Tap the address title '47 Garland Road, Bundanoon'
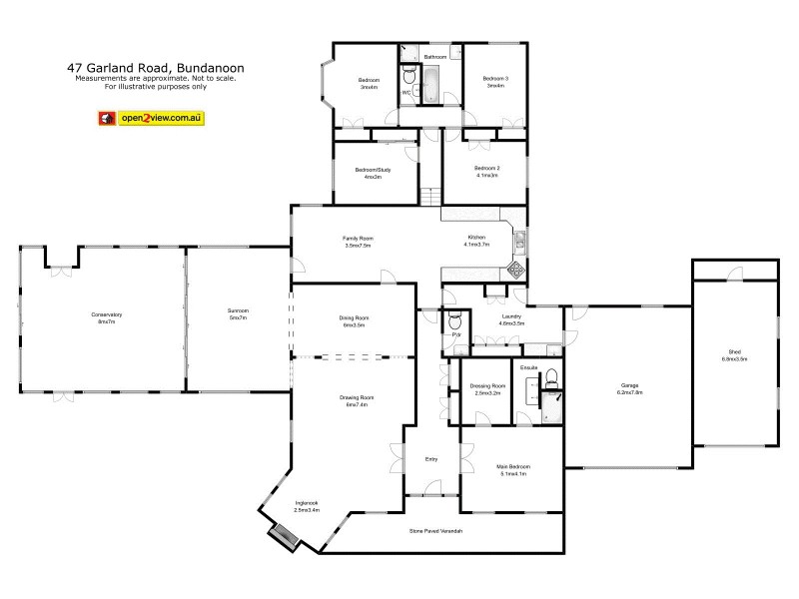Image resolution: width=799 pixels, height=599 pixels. pyautogui.click(x=155, y=69)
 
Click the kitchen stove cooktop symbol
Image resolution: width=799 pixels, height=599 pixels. pyautogui.click(x=517, y=269)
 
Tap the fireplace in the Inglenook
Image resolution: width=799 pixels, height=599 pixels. pyautogui.click(x=282, y=536)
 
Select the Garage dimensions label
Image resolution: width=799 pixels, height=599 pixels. pyautogui.click(x=629, y=392)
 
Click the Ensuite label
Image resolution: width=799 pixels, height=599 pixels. pyautogui.click(x=529, y=367)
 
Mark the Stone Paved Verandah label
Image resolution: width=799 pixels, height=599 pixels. pyautogui.click(x=435, y=530)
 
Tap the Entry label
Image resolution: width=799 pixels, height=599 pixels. pyautogui.click(x=431, y=458)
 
